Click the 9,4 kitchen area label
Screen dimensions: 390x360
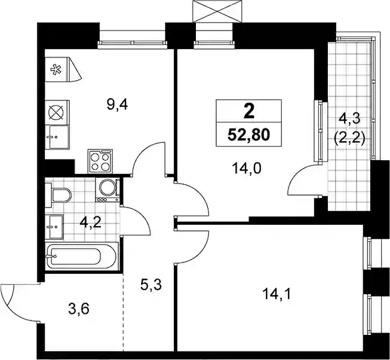click(x=117, y=105)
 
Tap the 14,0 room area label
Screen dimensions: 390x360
click(x=246, y=169)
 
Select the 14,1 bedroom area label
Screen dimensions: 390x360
click(x=277, y=294)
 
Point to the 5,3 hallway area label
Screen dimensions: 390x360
click(x=151, y=285)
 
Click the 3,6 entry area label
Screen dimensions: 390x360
click(x=79, y=309)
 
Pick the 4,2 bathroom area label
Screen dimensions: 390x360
click(x=90, y=223)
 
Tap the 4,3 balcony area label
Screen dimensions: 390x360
click(x=349, y=120)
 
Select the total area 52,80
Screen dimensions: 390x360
click(x=248, y=135)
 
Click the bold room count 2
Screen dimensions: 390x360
click(x=249, y=111)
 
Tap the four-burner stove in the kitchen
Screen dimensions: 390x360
click(x=100, y=161)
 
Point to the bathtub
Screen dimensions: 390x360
click(x=81, y=256)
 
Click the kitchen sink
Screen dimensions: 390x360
click(x=57, y=137)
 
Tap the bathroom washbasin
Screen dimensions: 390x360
click(x=54, y=227)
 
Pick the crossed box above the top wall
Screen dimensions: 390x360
click(x=217, y=11)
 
